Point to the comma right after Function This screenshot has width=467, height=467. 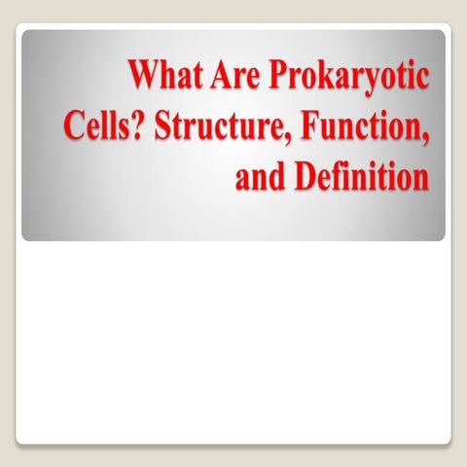click(426, 138)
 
